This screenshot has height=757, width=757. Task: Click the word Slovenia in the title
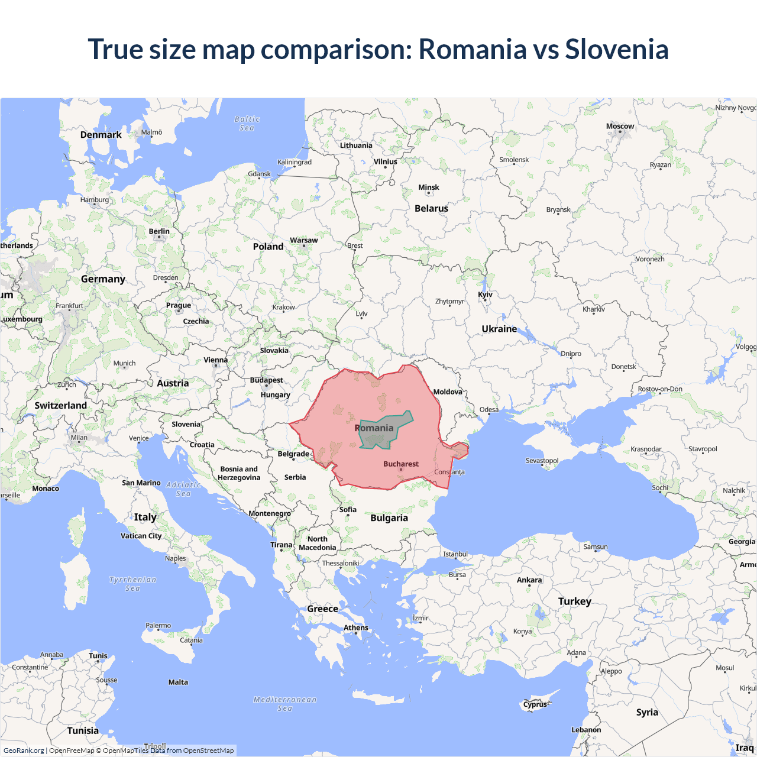click(616, 49)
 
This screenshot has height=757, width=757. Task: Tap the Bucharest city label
click(400, 464)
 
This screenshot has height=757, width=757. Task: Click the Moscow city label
click(620, 127)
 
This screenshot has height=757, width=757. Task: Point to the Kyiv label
click(485, 295)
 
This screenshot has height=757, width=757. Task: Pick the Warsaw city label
click(303, 240)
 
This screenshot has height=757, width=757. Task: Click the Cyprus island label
click(535, 704)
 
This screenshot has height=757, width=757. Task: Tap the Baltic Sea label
click(247, 124)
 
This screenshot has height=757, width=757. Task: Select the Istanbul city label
click(455, 554)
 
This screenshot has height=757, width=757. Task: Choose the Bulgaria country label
click(389, 518)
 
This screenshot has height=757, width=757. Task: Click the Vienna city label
click(215, 360)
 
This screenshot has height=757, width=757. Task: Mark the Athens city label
click(356, 627)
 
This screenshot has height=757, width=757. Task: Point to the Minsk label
click(429, 187)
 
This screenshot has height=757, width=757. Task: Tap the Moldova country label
click(448, 392)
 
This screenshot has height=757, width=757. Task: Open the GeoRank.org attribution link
click(24, 750)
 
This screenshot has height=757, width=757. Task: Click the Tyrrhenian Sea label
click(133, 584)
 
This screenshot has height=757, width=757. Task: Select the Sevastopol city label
click(542, 461)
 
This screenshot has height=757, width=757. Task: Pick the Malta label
click(178, 682)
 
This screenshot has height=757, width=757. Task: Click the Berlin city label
click(159, 231)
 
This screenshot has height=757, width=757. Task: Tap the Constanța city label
click(449, 472)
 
